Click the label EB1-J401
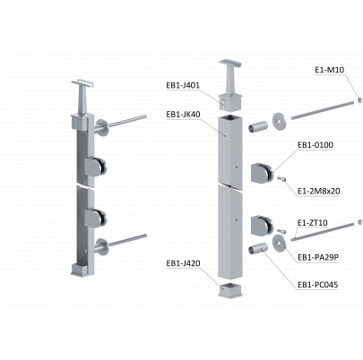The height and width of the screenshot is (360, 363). pyautogui.click(x=183, y=85)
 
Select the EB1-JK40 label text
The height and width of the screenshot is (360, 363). pyautogui.click(x=183, y=115)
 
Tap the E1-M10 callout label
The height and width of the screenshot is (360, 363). pyautogui.click(x=330, y=70)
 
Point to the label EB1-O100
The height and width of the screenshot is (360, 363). pyautogui.click(x=315, y=145)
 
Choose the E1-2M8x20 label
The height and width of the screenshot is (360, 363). pyautogui.click(x=319, y=191)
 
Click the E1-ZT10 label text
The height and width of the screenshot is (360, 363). pyautogui.click(x=313, y=223)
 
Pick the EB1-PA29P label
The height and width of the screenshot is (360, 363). pyautogui.click(x=318, y=257)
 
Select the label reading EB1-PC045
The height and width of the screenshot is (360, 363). pyautogui.click(x=317, y=285)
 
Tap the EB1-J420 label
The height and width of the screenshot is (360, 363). pyautogui.click(x=183, y=263)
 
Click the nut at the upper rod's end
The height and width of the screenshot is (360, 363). pyautogui.click(x=360, y=100)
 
